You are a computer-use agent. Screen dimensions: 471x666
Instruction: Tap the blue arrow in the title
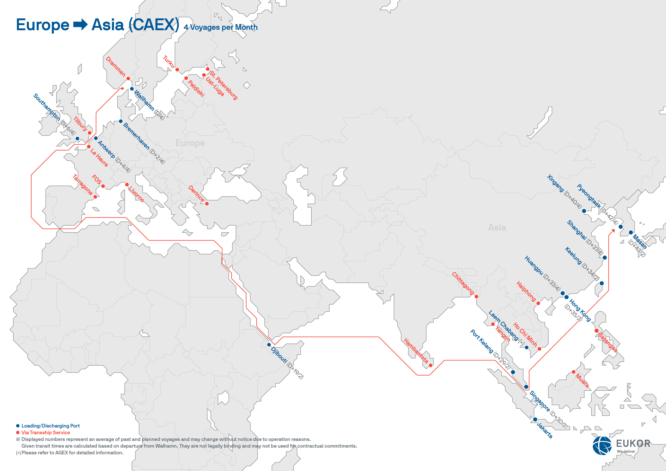[x=80, y=25]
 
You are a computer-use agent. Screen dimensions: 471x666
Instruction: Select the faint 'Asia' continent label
[x=497, y=227]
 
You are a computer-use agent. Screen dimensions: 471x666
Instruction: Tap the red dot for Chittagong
[x=476, y=296]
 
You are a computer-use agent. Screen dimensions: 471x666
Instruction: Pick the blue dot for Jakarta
[x=535, y=419]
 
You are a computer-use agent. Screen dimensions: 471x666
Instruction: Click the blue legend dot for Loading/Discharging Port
[x=18, y=426]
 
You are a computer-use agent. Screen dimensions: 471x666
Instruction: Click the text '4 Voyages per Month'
[x=220, y=27]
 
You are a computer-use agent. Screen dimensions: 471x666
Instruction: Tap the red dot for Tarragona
[x=95, y=197]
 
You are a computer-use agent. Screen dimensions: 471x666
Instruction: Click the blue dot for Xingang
[x=584, y=211]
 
